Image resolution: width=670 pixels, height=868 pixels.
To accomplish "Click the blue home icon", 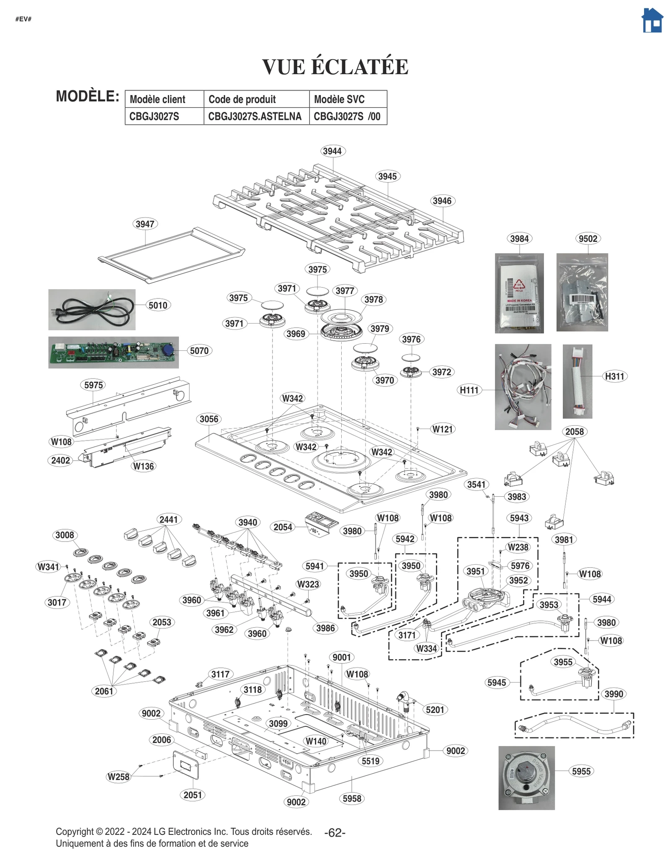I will click(652, 21).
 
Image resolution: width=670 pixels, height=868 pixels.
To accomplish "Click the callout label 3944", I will click(332, 151).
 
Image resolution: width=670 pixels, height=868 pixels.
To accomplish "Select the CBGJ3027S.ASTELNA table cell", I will click(255, 117).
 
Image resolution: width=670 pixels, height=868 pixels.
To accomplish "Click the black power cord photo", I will click(92, 310).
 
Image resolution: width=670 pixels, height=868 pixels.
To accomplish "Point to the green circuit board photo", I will click(113, 352).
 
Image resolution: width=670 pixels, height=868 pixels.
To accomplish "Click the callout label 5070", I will click(199, 350).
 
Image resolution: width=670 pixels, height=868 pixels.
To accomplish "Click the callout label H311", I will click(614, 376).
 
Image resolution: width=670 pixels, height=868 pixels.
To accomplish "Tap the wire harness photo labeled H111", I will click(523, 387).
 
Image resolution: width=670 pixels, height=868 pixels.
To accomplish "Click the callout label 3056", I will click(209, 419).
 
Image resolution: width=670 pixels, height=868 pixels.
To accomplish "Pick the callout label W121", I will click(443, 429).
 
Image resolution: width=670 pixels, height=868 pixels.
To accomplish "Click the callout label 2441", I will click(168, 519).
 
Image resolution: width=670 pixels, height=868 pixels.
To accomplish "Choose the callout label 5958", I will click(352, 798).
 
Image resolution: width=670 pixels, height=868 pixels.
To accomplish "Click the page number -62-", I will click(335, 833).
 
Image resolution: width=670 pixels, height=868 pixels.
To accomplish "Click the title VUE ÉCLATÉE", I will click(335, 67).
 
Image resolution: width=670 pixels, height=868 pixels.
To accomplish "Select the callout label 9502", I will click(588, 238).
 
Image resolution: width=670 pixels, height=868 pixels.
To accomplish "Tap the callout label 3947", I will click(145, 224).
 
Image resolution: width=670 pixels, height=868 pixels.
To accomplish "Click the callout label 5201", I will click(435, 710).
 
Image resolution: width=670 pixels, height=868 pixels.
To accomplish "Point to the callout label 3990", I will click(613, 694).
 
